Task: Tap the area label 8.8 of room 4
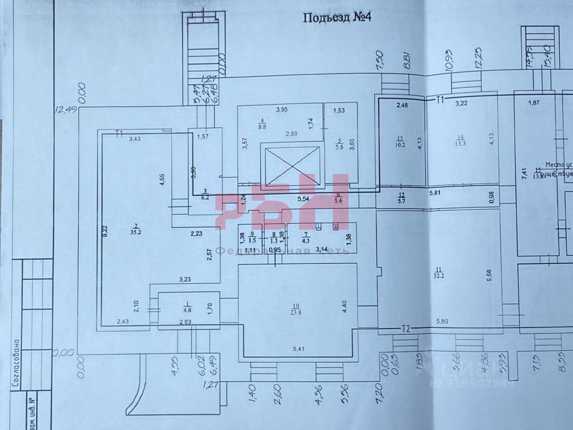pos(262,126)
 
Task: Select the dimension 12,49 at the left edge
pos(66,110)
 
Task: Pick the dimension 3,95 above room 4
pos(283,109)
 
